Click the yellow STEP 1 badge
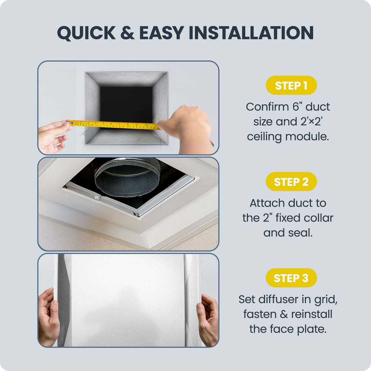click(291, 85)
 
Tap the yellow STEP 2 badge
click(291, 181)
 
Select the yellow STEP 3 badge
click(291, 278)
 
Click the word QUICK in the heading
click(86, 33)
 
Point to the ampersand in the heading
click(127, 33)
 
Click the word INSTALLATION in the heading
click(251, 33)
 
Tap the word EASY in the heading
click(162, 33)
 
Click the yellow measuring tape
click(114, 125)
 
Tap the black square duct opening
click(126, 104)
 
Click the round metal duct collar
click(127, 178)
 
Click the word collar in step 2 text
click(318, 218)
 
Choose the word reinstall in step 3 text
click(312, 314)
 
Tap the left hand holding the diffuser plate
click(49, 317)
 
